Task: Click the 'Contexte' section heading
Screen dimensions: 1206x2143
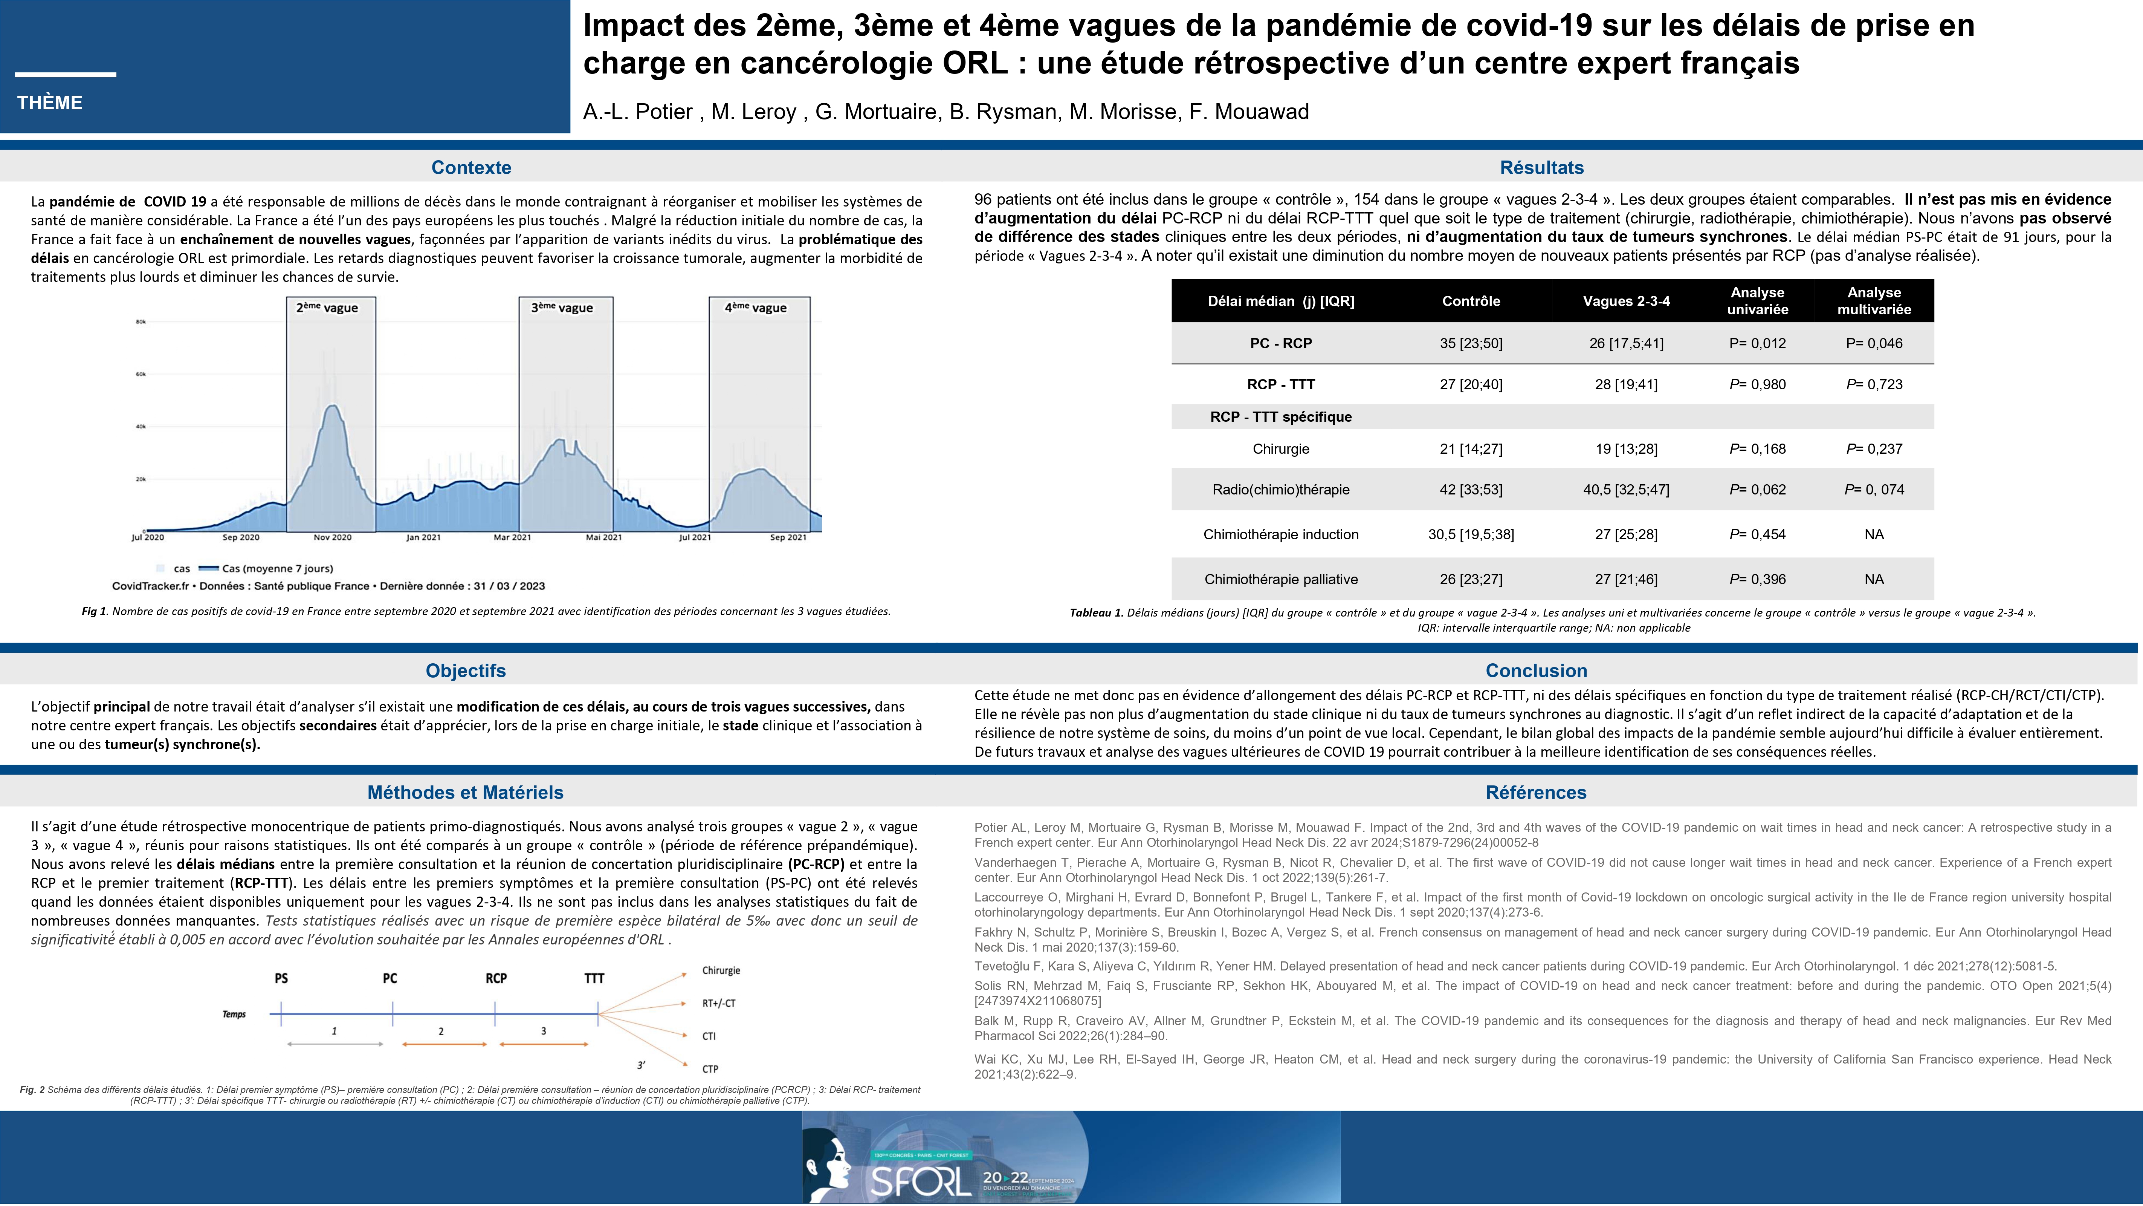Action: coord(471,167)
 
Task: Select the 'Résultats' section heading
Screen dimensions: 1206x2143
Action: coord(1541,167)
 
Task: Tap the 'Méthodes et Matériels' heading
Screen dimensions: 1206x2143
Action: coord(465,792)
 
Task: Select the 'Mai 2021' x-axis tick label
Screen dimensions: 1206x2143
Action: coord(604,537)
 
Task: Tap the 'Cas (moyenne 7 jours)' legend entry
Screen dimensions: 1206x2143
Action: coord(277,568)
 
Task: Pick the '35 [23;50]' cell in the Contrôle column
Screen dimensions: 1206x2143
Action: coord(1471,343)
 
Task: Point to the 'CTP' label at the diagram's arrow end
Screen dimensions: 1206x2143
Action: coord(710,1069)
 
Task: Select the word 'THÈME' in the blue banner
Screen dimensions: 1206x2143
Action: coord(50,103)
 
